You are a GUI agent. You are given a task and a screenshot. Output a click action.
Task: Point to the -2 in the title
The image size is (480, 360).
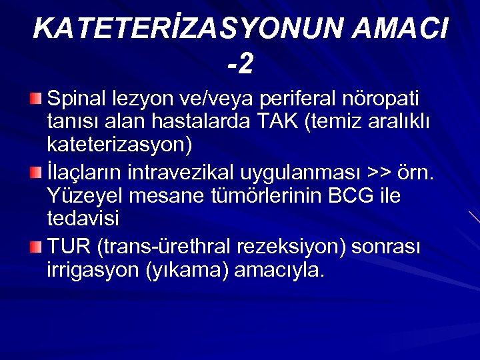tap(240, 64)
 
